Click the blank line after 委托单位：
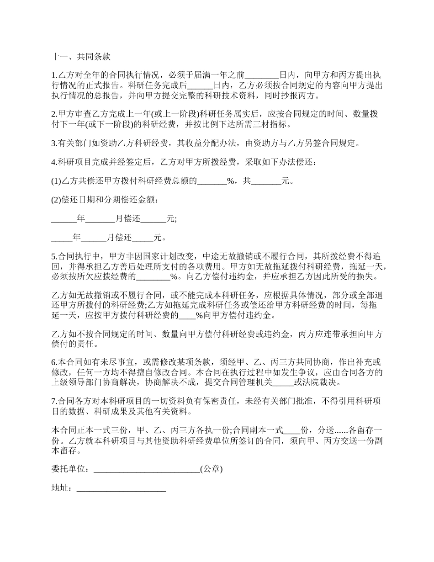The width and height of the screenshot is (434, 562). [x=146, y=469]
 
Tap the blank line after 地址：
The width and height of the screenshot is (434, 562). [x=121, y=488]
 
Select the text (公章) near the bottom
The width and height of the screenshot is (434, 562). [x=212, y=469]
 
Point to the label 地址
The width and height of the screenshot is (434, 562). [x=60, y=488]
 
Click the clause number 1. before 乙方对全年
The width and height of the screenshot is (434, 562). [x=53, y=75]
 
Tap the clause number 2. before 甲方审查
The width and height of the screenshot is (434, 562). [x=53, y=114]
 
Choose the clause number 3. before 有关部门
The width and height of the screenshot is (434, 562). [x=53, y=143]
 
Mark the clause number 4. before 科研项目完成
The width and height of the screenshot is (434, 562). [x=53, y=162]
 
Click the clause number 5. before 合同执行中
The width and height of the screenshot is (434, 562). [x=53, y=256]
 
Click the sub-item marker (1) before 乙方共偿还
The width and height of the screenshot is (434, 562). [x=56, y=181]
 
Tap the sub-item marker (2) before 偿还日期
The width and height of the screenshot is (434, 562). [x=56, y=200]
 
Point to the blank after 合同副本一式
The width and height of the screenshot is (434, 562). [x=292, y=430]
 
